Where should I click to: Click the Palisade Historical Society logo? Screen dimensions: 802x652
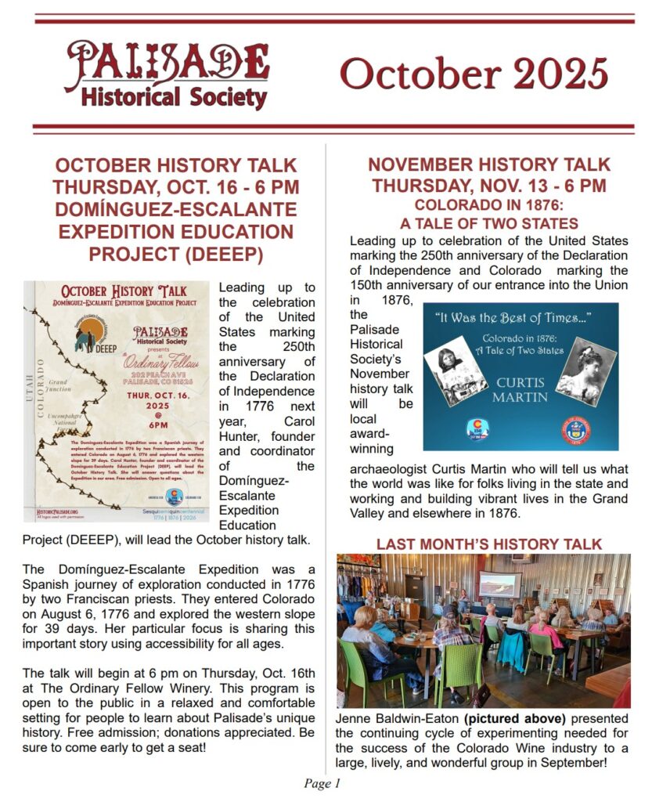tap(166, 74)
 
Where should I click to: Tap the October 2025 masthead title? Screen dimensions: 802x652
tap(473, 74)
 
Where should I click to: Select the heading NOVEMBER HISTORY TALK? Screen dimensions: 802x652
tap(488, 164)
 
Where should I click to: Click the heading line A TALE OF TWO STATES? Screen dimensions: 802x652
tap(488, 223)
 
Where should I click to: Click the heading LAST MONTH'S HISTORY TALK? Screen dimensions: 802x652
tap(489, 544)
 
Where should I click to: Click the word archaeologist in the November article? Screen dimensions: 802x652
tap(386, 469)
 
